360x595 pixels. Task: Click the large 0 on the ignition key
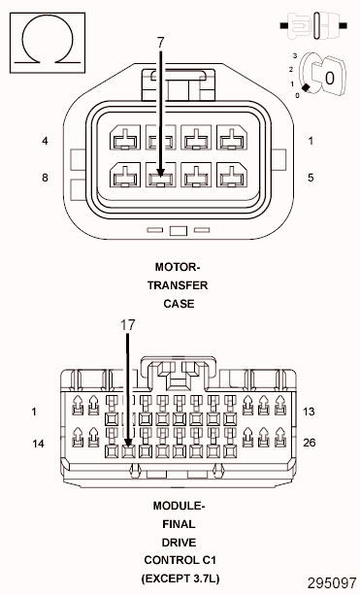pyautogui.click(x=330, y=74)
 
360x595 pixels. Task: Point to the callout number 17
pyautogui.click(x=126, y=325)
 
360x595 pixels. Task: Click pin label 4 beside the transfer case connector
pyautogui.click(x=45, y=142)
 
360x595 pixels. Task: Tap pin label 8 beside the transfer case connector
pyautogui.click(x=45, y=178)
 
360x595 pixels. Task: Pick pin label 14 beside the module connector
pyautogui.click(x=40, y=444)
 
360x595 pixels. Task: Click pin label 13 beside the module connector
pyautogui.click(x=311, y=412)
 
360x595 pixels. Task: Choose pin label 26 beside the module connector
pyautogui.click(x=311, y=444)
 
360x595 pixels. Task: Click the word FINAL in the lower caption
pyautogui.click(x=179, y=523)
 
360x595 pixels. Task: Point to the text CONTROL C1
pyautogui.click(x=179, y=560)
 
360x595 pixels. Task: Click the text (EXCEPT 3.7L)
pyautogui.click(x=179, y=578)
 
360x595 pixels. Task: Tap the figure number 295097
pyautogui.click(x=331, y=584)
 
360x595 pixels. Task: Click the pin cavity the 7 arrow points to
pyautogui.click(x=160, y=177)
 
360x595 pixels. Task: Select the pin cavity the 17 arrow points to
pyautogui.click(x=126, y=449)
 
